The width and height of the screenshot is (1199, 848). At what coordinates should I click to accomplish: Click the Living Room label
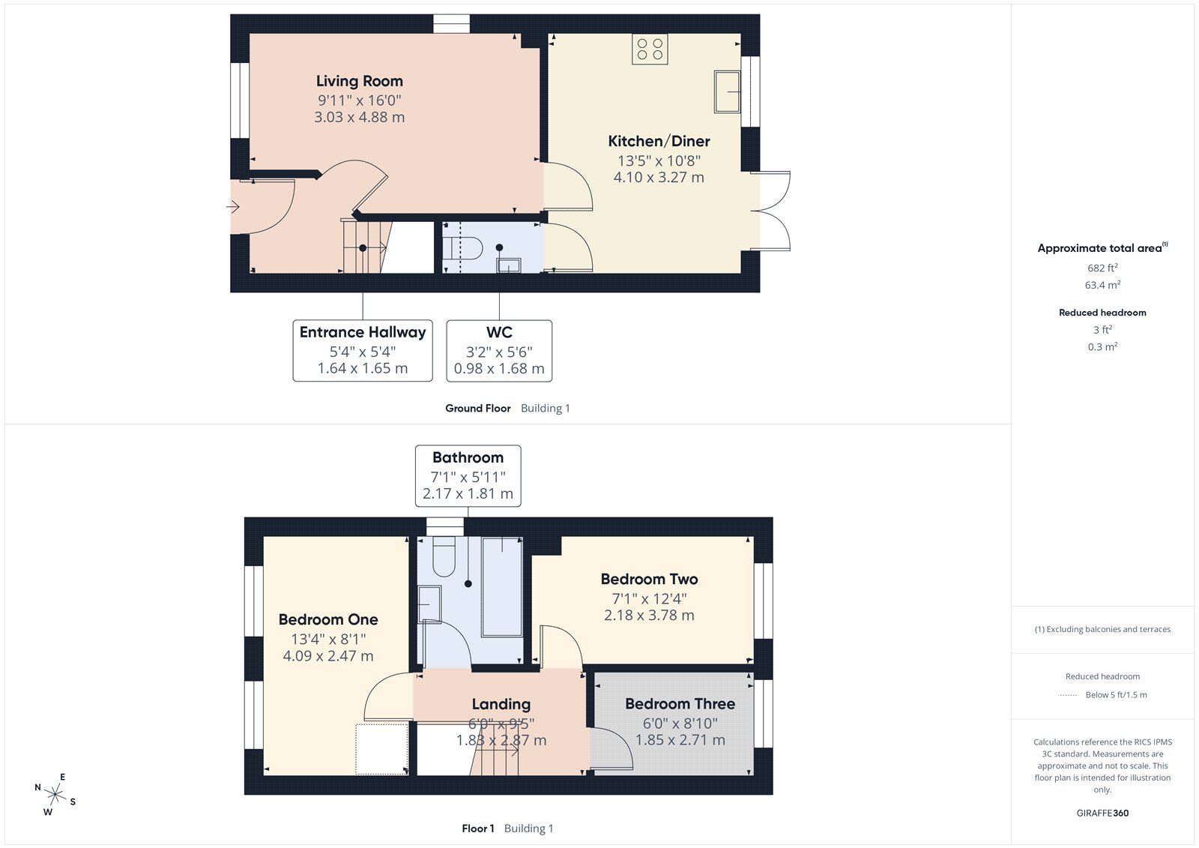click(x=359, y=81)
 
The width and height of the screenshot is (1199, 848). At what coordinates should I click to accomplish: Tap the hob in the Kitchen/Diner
click(x=650, y=49)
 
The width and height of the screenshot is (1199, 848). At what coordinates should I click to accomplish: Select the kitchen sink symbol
click(x=726, y=91)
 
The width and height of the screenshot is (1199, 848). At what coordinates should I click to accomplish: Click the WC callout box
click(x=499, y=351)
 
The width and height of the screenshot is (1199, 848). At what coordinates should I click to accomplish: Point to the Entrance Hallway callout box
click(x=363, y=351)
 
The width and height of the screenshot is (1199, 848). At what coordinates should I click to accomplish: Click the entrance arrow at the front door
click(x=233, y=206)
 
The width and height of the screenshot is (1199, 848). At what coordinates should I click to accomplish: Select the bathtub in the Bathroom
click(x=502, y=586)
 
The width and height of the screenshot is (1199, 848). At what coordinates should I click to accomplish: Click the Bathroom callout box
click(x=468, y=475)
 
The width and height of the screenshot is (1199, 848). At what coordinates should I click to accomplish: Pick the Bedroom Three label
click(x=680, y=704)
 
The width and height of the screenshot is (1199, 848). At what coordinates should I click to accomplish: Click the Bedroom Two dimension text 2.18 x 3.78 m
click(x=649, y=616)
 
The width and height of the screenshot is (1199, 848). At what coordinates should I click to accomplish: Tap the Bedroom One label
click(x=328, y=620)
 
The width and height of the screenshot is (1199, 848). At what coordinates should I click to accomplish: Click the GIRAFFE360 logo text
click(x=1102, y=813)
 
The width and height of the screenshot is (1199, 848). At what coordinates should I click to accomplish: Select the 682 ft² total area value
click(x=1102, y=268)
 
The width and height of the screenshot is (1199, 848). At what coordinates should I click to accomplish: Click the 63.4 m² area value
click(x=1102, y=285)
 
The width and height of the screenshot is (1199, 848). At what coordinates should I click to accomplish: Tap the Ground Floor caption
click(x=477, y=409)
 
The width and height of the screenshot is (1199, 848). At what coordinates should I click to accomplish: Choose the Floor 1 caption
click(x=477, y=829)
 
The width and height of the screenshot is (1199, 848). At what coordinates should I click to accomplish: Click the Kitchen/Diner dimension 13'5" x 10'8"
click(x=659, y=160)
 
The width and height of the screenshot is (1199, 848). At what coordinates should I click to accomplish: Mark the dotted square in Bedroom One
click(x=381, y=748)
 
